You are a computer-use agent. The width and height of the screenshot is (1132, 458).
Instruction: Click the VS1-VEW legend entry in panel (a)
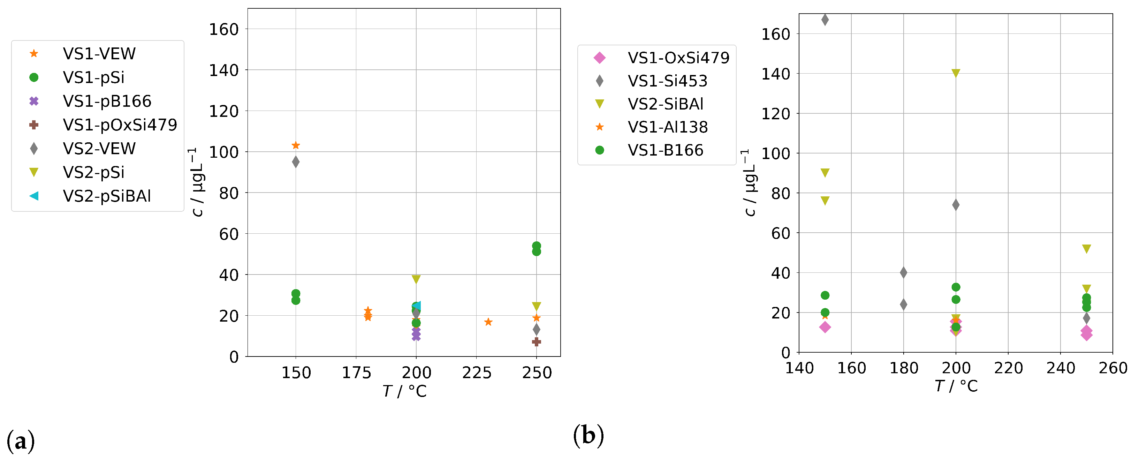coord(99,54)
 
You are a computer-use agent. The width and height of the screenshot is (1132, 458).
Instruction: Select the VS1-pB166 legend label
coord(107,101)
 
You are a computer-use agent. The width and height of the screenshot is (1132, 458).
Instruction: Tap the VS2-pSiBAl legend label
coord(107,196)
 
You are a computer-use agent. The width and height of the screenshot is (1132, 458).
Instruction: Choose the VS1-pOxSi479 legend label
coord(120,125)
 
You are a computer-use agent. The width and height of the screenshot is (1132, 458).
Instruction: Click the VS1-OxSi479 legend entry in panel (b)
coord(678,58)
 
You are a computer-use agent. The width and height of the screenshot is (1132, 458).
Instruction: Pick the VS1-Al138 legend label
coord(668,127)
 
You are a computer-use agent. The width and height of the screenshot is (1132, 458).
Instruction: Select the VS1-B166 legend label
coord(665,150)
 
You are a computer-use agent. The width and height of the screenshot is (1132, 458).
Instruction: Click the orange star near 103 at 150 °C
coord(296,145)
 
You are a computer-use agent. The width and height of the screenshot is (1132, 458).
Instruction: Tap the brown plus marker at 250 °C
coord(536,341)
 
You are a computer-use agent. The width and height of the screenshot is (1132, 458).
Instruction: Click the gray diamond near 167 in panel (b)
coord(825,20)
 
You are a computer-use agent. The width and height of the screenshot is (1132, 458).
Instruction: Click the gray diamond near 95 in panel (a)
coord(296,162)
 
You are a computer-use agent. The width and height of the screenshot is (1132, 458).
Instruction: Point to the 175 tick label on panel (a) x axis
coord(356,373)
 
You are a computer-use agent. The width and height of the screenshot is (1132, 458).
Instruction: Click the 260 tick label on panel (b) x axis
coord(1113,368)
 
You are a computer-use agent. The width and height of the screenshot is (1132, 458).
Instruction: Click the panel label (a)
coord(20,441)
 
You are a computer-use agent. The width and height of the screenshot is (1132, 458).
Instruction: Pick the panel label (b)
coord(588,436)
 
